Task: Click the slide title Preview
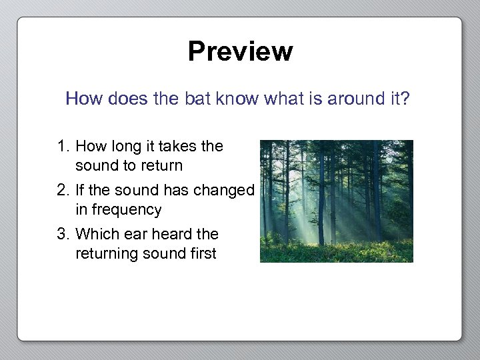(x=240, y=51)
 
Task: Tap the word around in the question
(x=348, y=99)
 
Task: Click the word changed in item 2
(x=223, y=191)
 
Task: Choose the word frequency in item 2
(x=127, y=210)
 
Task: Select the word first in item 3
(x=202, y=254)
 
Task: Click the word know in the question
(x=238, y=99)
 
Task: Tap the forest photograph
(x=336, y=201)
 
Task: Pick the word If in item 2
(x=80, y=191)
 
